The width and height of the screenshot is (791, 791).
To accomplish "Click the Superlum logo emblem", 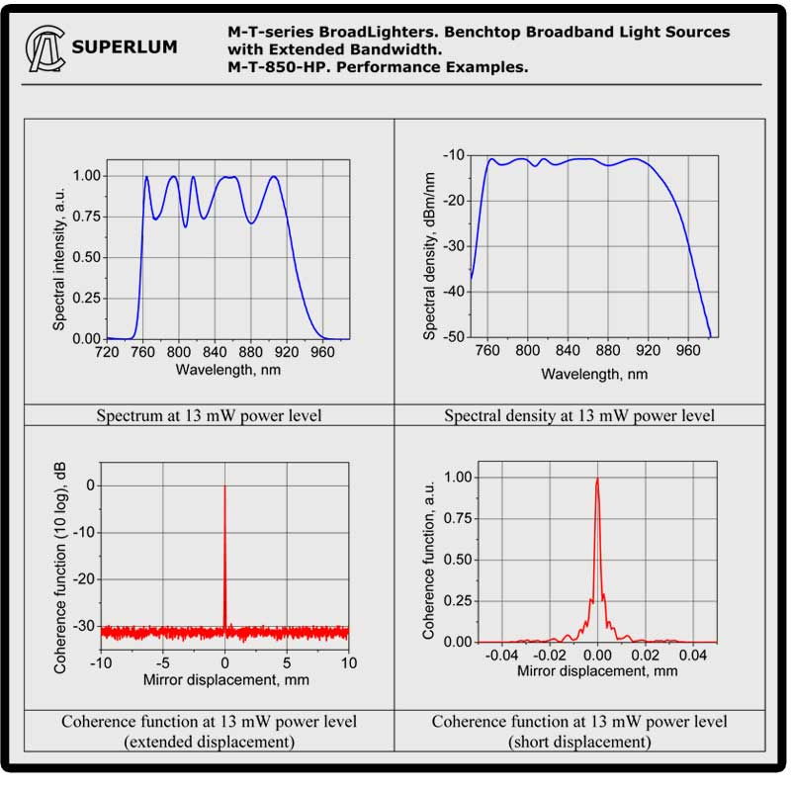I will click(x=45, y=46).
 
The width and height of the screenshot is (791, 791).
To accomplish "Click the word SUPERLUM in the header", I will click(x=126, y=46).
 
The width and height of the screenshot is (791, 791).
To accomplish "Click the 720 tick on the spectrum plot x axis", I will click(x=107, y=351).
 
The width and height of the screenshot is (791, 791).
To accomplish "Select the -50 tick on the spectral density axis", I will click(x=453, y=338).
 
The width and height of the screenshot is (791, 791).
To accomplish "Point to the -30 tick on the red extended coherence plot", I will click(x=82, y=626).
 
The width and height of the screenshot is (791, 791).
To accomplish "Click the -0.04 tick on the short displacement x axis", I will click(x=502, y=656).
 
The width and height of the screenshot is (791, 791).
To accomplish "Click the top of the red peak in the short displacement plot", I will click(x=597, y=479).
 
